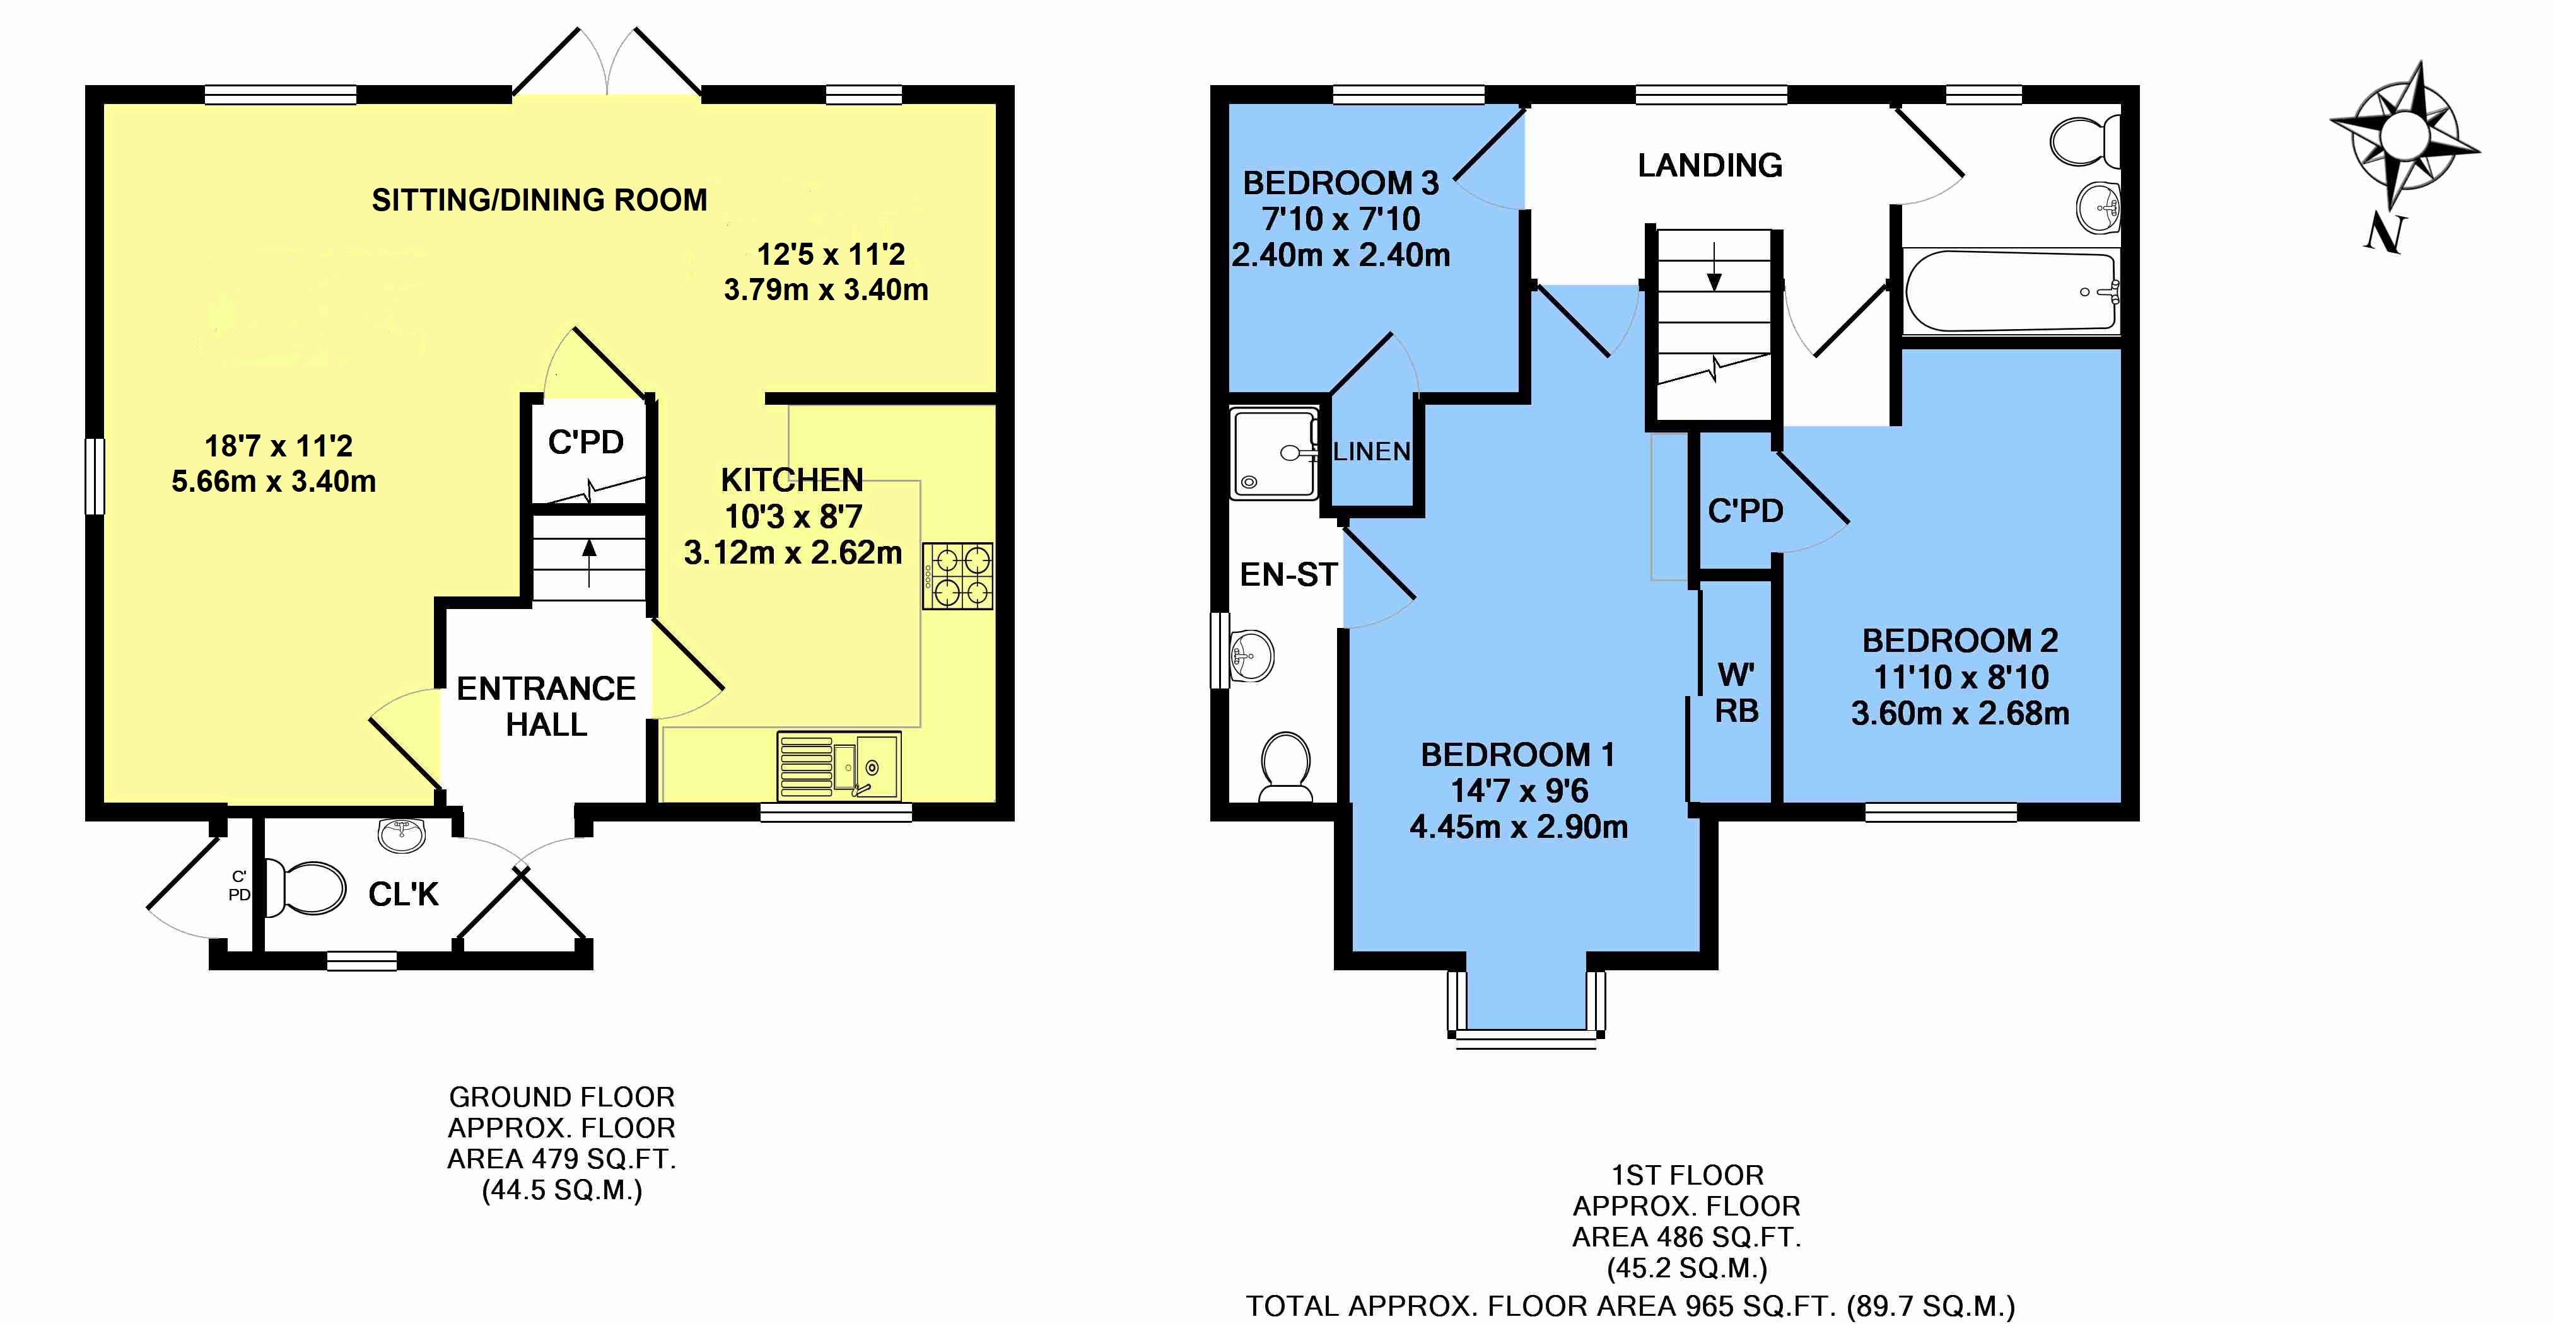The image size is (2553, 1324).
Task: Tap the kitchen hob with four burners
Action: coord(957,576)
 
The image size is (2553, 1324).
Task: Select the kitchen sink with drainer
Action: coord(838,764)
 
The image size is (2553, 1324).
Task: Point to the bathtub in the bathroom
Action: coord(2010,291)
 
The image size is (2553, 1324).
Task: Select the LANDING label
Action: coord(1710,165)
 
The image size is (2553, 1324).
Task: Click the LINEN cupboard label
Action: coord(1372,452)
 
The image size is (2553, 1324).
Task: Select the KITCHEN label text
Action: coord(792,480)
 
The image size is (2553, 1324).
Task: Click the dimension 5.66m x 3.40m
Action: coord(274,482)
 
